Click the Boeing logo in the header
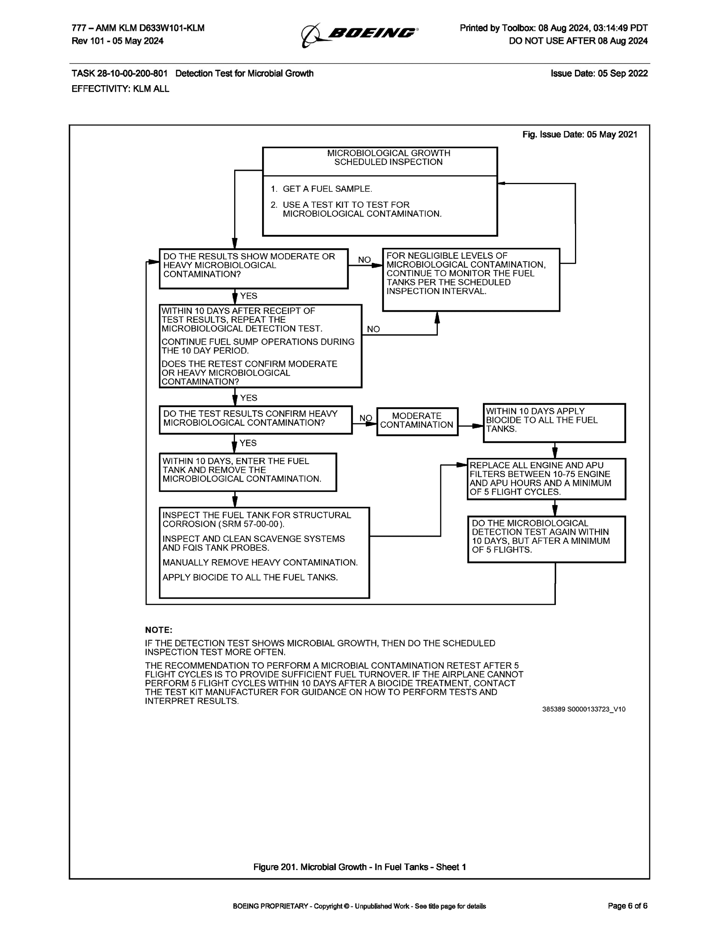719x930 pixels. (x=359, y=34)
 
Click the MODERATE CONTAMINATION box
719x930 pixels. (x=417, y=421)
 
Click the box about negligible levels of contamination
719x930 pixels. (x=471, y=279)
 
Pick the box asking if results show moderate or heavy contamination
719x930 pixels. (x=254, y=268)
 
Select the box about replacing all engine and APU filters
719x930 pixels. (x=546, y=479)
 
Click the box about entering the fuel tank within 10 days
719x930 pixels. (x=248, y=472)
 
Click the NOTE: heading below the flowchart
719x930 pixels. (x=159, y=630)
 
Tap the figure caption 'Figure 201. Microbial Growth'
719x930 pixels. (x=359, y=867)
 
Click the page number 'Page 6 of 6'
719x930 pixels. (x=627, y=906)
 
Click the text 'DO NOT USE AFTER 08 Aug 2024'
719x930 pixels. (x=578, y=41)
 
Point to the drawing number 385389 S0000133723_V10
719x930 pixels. (x=583, y=709)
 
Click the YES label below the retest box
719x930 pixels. (x=248, y=398)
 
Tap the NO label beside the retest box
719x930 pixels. (x=373, y=329)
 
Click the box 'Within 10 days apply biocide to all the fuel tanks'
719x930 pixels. (x=554, y=423)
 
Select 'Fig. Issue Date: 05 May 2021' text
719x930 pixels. (x=580, y=135)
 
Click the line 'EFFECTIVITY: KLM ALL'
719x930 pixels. (x=120, y=88)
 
